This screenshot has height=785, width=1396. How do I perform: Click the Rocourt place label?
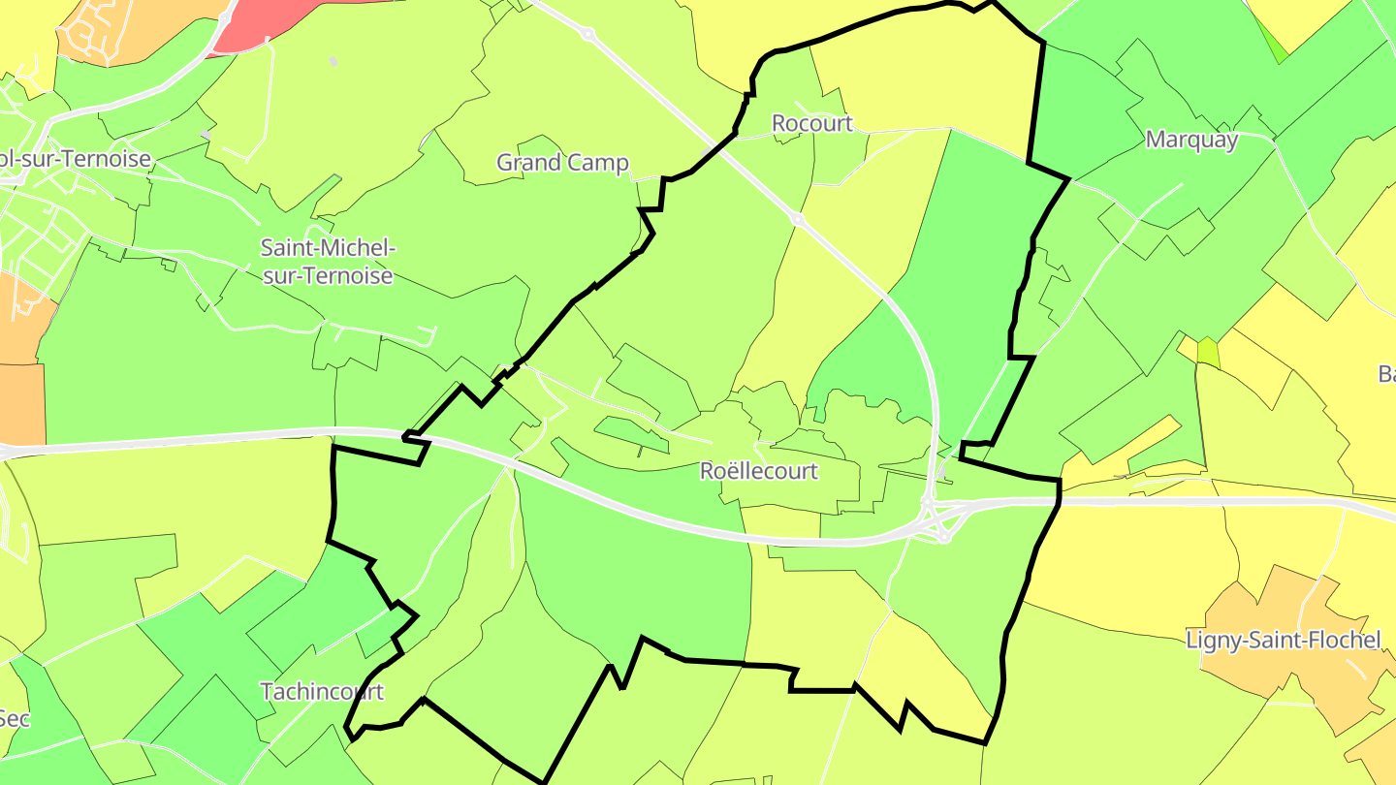811,123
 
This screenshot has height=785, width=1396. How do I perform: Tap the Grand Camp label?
562,162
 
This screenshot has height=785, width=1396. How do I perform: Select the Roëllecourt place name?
759,471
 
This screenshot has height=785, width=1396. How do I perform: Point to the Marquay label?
1191,139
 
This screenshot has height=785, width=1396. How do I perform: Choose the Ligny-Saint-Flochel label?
1284,640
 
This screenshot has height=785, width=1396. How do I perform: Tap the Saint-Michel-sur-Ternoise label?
328,262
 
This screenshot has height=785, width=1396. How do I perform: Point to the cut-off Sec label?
14,718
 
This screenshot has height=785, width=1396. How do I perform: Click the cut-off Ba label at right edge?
1385,373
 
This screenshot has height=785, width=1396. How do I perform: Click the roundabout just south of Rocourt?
797,220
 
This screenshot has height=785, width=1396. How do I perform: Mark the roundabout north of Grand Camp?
587,34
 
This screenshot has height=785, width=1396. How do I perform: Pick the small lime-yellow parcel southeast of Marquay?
1208,352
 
